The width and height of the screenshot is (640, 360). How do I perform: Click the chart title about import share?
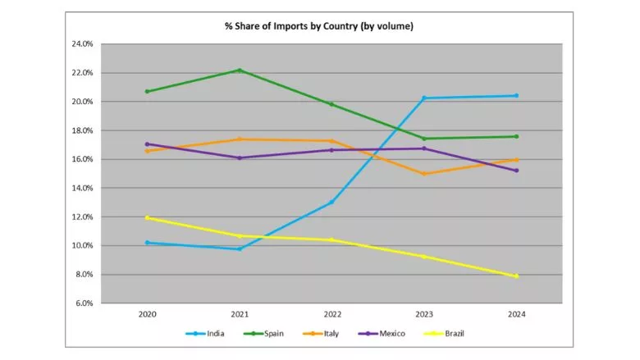319,26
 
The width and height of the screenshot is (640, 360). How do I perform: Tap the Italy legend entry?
328,334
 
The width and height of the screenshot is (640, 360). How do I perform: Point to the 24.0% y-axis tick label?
82,44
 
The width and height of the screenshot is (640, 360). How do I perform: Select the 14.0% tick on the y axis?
82,189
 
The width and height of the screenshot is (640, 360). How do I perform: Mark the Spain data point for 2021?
240,71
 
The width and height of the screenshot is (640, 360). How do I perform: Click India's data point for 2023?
424,98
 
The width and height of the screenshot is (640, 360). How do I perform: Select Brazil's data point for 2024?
516,276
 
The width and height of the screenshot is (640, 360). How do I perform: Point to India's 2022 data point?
331,203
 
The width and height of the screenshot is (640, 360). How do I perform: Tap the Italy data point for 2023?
424,174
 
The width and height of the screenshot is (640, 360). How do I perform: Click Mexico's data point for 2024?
516,171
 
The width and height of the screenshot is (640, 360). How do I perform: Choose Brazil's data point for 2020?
147,218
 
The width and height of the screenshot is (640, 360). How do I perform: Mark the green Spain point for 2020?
147,91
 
